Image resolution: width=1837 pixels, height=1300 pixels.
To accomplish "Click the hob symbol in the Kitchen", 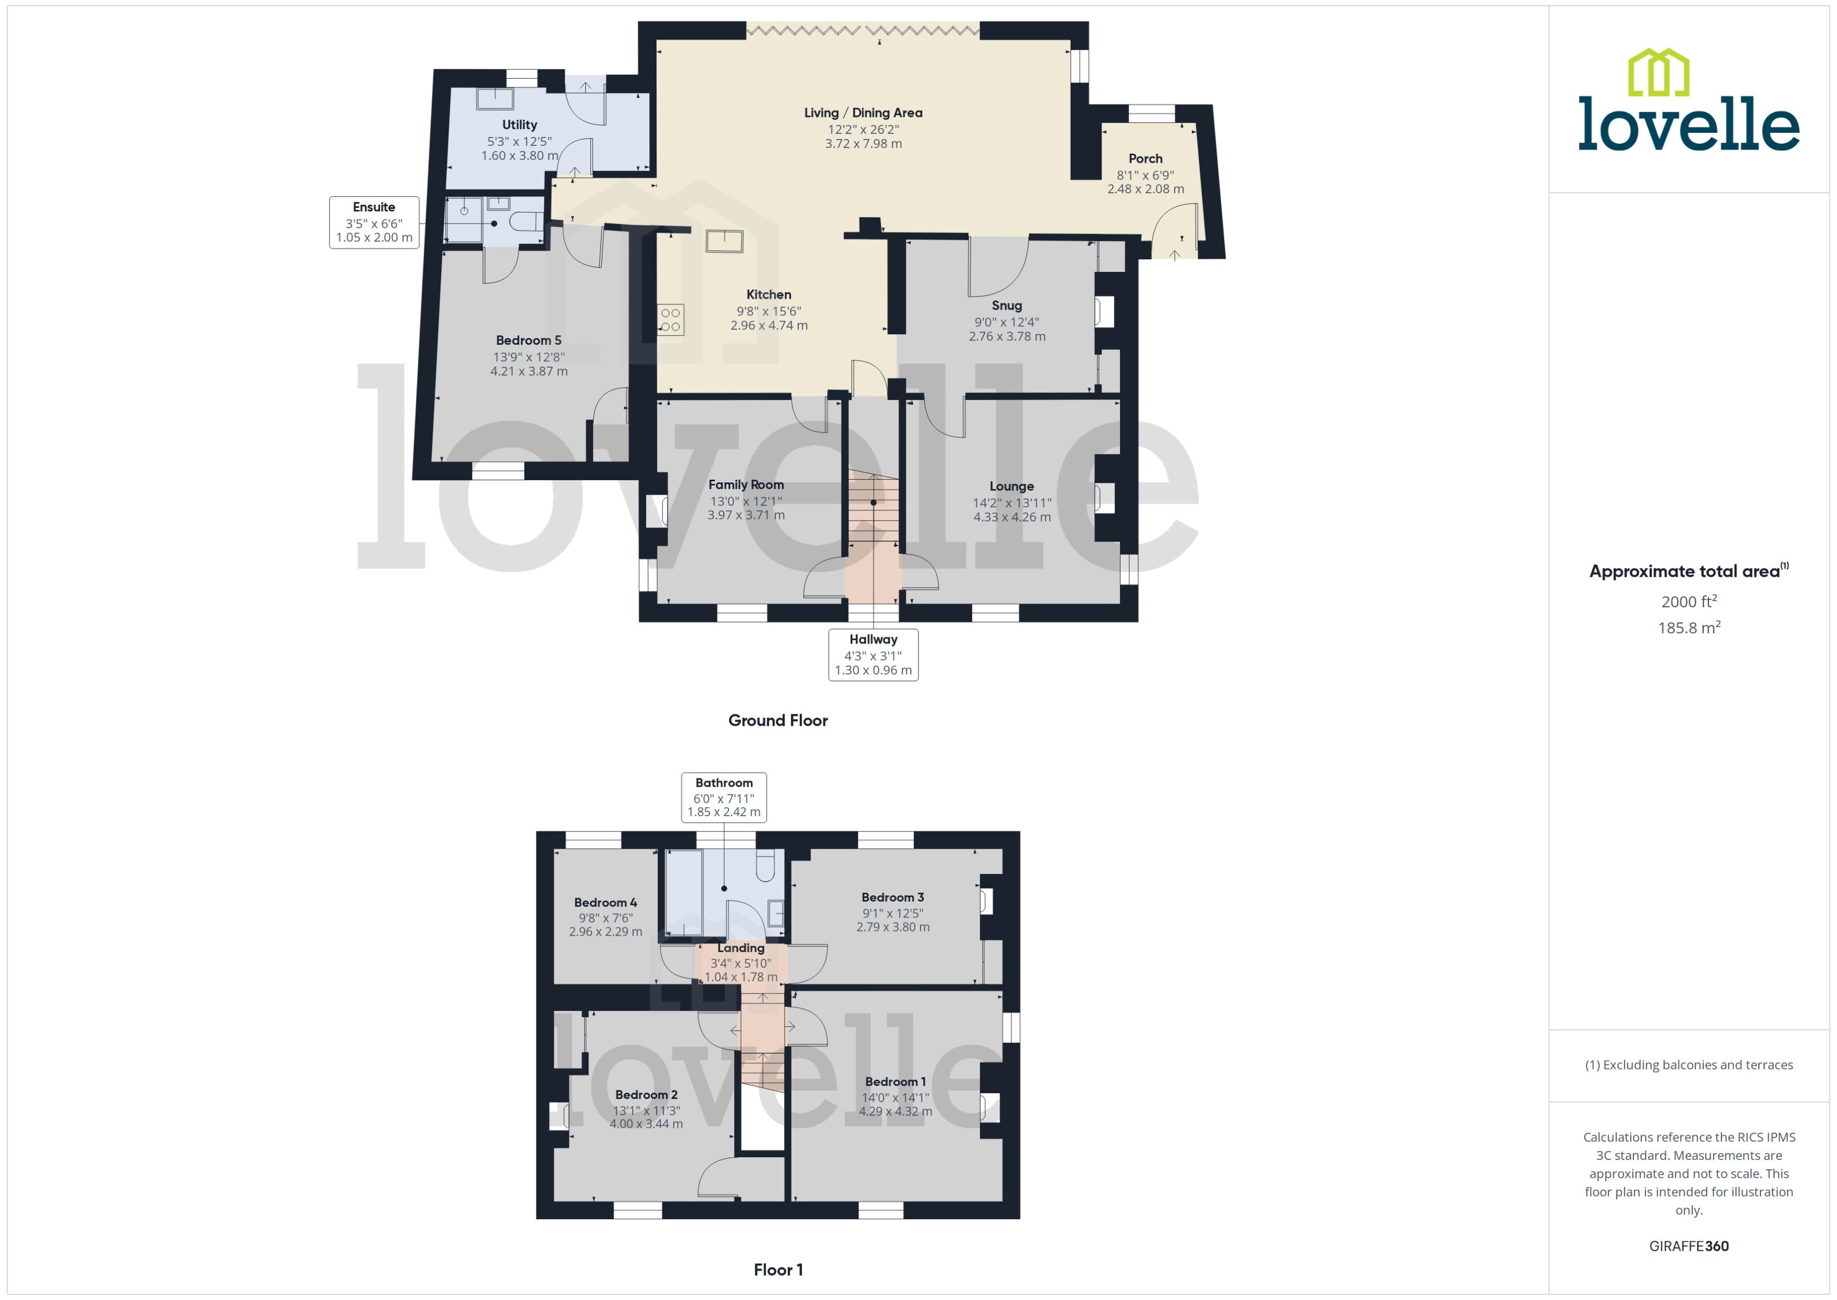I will pos(671,320).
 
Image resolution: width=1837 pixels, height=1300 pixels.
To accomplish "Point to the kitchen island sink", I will pos(724,240).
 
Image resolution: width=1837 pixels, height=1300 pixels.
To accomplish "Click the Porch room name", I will pos(1145,158).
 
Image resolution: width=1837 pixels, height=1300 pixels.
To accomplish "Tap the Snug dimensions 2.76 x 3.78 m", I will pos(1006,336).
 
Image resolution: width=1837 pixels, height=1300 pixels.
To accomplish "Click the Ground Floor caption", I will pos(777,720).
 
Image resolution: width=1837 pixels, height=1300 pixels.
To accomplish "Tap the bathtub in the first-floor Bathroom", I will pos(683,892).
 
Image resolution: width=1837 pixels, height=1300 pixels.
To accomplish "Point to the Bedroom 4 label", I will pos(605,902).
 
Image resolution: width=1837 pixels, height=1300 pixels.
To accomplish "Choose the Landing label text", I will pos(741,948).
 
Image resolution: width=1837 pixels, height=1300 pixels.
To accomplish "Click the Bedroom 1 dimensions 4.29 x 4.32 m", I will pos(895,1111).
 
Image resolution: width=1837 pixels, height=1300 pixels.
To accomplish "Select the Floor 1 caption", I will pos(777,1270).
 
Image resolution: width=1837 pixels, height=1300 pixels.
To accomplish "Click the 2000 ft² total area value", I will pos(1688,601).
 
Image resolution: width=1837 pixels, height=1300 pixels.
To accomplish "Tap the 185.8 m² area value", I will pos(1688,628).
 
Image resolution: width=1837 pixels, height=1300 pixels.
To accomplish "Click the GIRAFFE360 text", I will pos(1688,1246).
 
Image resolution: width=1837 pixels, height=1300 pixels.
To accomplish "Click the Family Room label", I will pos(745,484).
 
